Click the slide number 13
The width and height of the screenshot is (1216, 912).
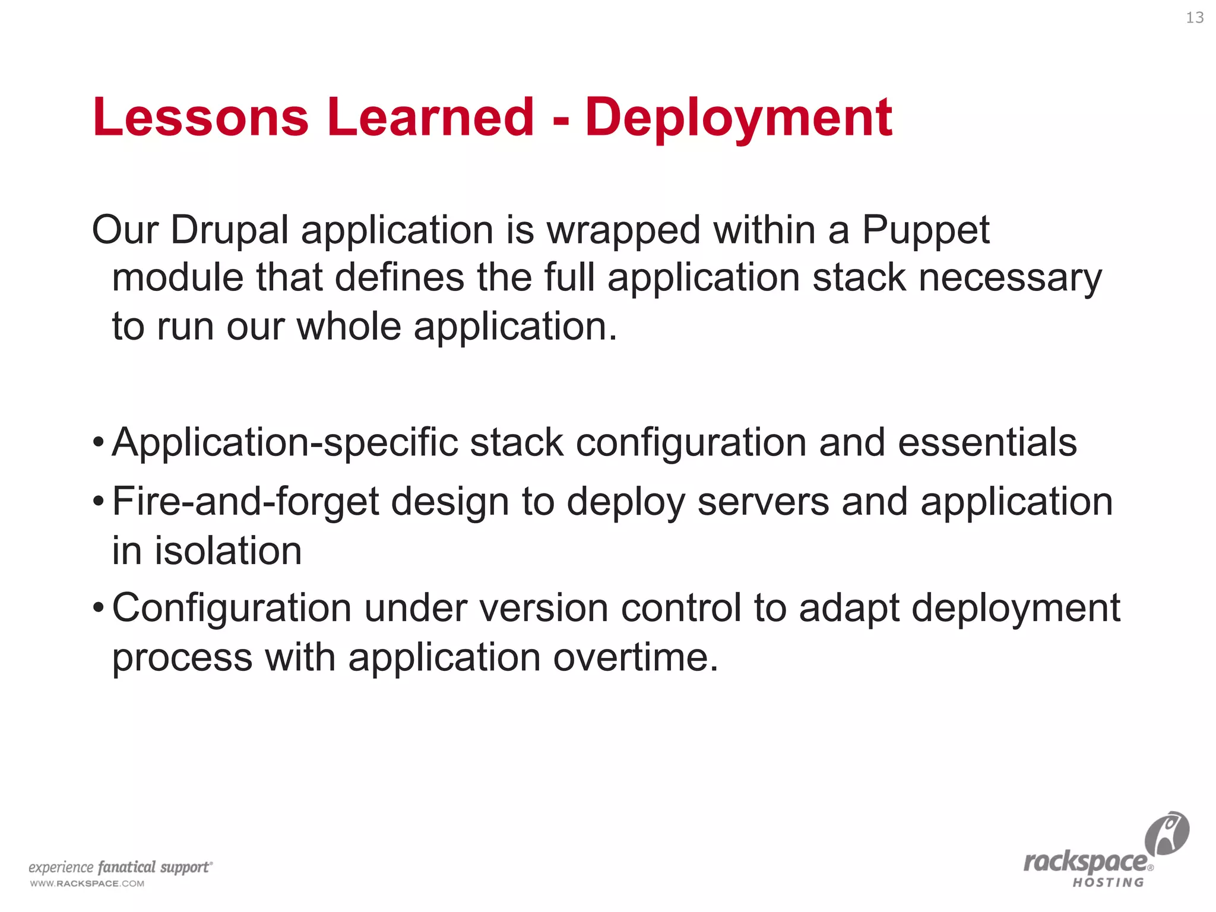pyautogui.click(x=1195, y=18)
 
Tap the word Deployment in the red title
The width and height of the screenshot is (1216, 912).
pyautogui.click(x=738, y=118)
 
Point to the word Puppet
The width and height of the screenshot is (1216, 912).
pyautogui.click(x=925, y=230)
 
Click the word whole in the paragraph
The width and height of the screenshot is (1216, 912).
pyautogui.click(x=349, y=327)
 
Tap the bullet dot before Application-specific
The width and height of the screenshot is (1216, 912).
pyautogui.click(x=99, y=443)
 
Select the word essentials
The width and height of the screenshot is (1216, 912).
pyautogui.click(x=987, y=443)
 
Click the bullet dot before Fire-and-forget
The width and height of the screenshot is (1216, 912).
pyautogui.click(x=99, y=502)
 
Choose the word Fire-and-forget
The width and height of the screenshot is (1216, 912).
pyautogui.click(x=245, y=502)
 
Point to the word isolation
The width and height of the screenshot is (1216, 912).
pyautogui.click(x=228, y=550)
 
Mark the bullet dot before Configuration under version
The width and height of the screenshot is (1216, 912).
pyautogui.click(x=99, y=609)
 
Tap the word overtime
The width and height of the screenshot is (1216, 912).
pyautogui.click(x=635, y=658)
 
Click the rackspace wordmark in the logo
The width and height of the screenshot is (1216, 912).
pyautogui.click(x=1086, y=862)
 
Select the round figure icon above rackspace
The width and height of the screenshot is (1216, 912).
pyautogui.click(x=1167, y=834)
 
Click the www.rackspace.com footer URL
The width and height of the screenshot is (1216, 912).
pyautogui.click(x=87, y=883)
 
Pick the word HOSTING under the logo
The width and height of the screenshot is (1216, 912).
pyautogui.click(x=1108, y=883)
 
